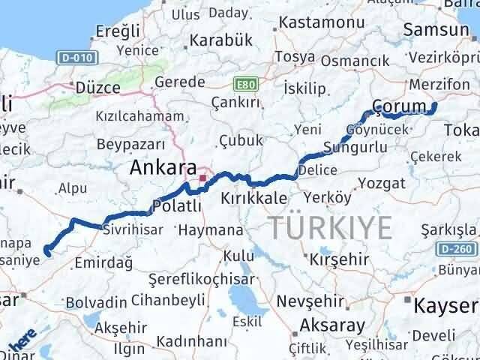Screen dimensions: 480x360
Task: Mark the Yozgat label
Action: (376, 182)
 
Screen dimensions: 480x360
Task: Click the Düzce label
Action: (94, 87)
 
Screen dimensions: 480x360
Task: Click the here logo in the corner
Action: (19, 344)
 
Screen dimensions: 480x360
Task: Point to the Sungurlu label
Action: (355, 147)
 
